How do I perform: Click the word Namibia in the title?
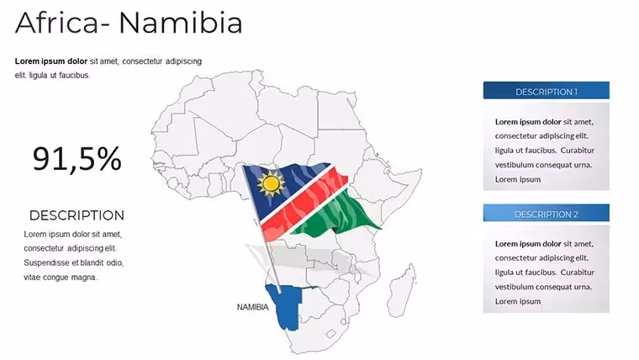tap(181, 23)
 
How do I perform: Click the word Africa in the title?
tap(56, 23)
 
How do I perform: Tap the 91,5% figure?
tap(77, 159)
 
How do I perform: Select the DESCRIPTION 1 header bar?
tap(546, 91)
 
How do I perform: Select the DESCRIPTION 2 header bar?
tap(546, 213)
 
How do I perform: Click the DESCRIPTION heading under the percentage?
tap(77, 215)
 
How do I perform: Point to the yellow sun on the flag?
tap(271, 184)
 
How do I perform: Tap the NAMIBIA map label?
tap(253, 307)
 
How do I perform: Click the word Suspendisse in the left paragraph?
tap(45, 263)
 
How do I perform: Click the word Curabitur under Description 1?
tap(577, 151)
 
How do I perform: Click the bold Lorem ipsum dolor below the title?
tap(51, 61)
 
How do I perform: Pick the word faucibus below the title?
tap(74, 76)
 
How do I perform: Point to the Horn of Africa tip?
tap(421, 171)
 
